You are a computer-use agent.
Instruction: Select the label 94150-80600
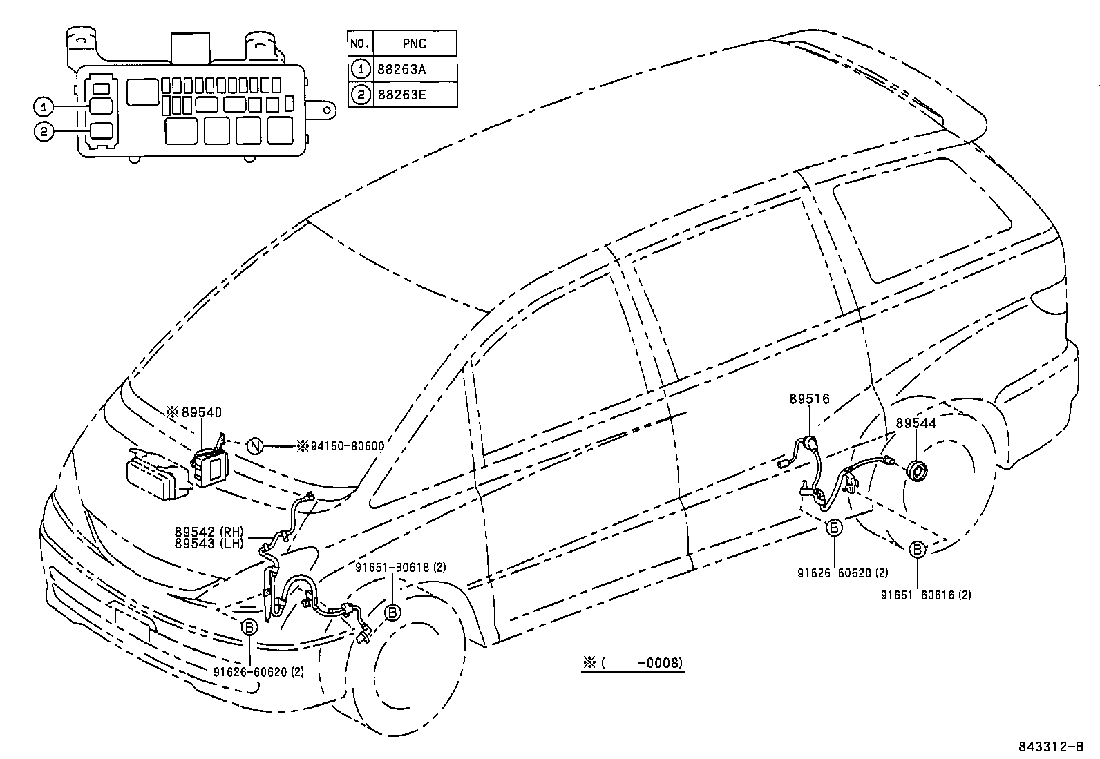tap(345, 446)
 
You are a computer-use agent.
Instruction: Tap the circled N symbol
tap(255, 446)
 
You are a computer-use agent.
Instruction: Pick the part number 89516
tap(809, 398)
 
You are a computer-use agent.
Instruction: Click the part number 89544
tap(916, 423)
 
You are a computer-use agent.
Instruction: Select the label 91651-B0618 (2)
tap(400, 568)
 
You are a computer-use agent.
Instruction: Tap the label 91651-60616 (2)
tap(925, 595)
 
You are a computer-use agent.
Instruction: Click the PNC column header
tap(414, 44)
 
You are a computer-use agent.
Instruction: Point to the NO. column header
tap(359, 44)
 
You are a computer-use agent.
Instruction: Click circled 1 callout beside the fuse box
tap(43, 106)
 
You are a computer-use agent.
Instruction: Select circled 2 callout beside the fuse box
tap(43, 131)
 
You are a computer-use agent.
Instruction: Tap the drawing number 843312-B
tap(1050, 747)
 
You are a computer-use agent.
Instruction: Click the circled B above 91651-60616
tap(918, 550)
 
